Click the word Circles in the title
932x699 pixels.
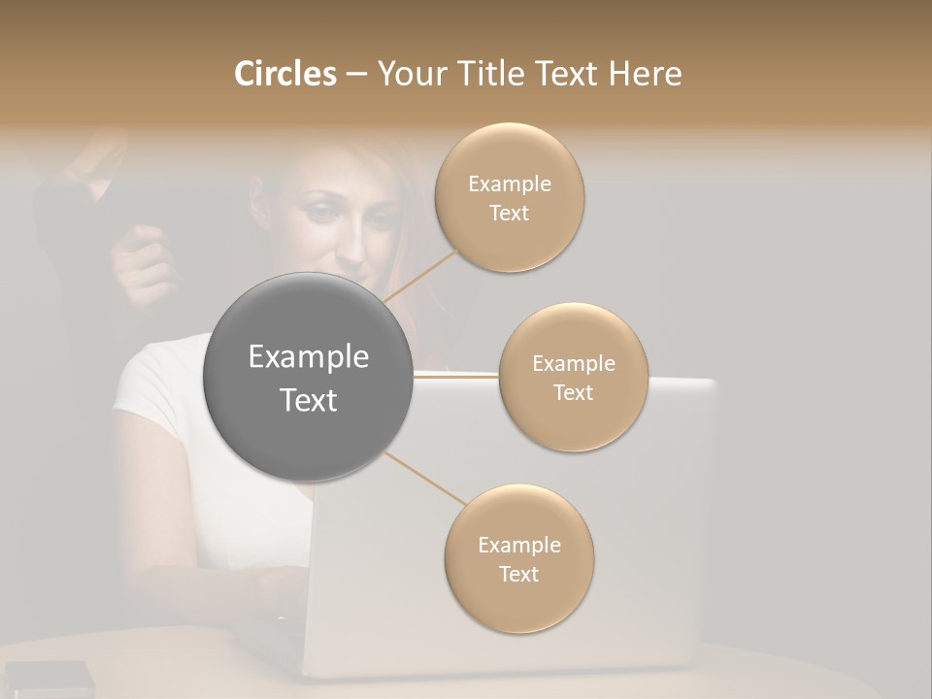pos(285,74)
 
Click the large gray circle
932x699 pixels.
pos(308,377)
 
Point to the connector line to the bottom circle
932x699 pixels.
pos(424,479)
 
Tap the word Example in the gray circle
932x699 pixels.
pos(308,357)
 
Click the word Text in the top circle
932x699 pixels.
pos(509,213)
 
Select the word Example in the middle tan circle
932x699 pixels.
pos(573,364)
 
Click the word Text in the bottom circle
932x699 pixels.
pos(518,574)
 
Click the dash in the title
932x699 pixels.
pos(355,75)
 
